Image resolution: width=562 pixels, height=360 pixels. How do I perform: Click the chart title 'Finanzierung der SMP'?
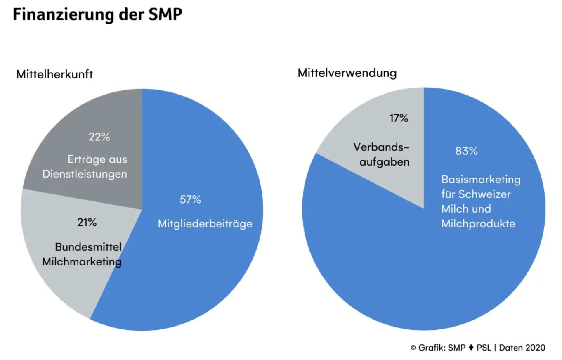coord(97,14)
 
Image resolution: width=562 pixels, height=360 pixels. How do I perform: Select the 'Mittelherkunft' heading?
coord(54,75)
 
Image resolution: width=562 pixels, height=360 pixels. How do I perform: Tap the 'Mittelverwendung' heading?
coord(347,73)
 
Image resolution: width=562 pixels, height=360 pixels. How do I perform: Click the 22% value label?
coord(99,137)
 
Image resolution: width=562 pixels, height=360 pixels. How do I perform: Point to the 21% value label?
coord(87,223)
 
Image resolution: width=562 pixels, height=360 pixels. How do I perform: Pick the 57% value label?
coord(190,200)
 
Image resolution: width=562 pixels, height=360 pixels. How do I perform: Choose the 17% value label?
coord(399,119)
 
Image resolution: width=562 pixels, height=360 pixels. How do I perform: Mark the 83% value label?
coord(466,152)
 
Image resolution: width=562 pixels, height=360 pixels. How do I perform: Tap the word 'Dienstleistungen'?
coord(85,174)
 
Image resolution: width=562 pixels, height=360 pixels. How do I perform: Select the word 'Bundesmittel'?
coord(88,247)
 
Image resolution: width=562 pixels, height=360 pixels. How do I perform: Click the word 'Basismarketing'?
coord(481,180)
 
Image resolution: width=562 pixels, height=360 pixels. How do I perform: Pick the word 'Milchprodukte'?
coord(478,224)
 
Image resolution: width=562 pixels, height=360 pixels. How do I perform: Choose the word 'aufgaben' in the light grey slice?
coord(385,162)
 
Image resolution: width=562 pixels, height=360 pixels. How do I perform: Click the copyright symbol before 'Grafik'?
coord(413,348)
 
